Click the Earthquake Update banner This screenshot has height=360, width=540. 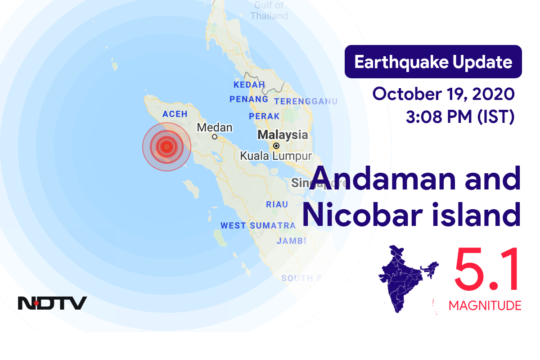[433, 62]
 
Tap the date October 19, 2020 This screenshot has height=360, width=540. [443, 94]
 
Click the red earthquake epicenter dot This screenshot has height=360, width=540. [166, 146]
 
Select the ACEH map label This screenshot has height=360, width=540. [175, 114]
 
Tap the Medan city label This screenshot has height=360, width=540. [215, 127]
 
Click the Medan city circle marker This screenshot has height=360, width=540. [215, 137]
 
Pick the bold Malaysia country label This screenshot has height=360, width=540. [283, 135]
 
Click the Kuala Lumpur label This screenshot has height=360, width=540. [276, 156]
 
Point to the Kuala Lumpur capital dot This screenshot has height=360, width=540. [276, 146]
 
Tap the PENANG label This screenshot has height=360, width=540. [249, 99]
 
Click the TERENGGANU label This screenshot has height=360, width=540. [306, 101]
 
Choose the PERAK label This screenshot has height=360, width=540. [264, 116]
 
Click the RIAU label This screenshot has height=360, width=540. [277, 204]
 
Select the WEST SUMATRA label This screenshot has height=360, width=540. [258, 225]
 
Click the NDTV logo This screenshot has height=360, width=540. [52, 303]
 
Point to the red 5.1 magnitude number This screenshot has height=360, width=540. [487, 270]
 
